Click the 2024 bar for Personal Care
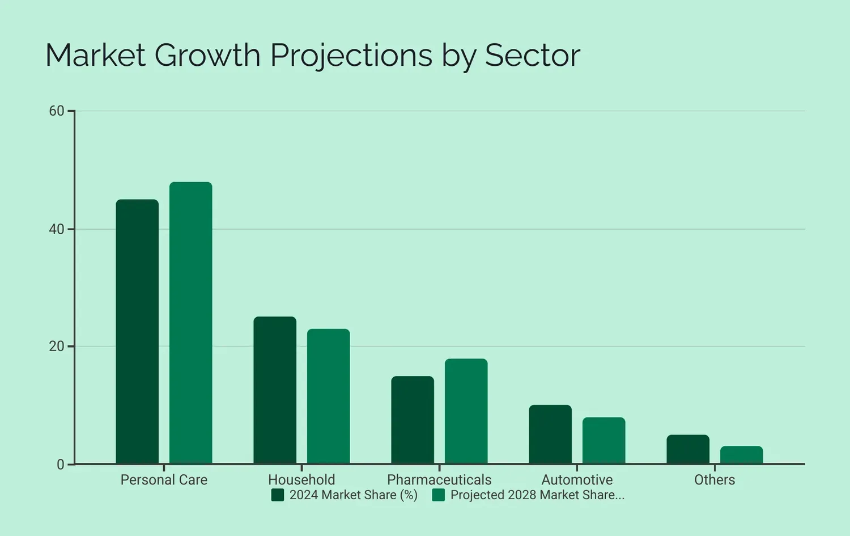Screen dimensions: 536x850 click(x=137, y=332)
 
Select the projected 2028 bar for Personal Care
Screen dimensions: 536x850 click(x=190, y=323)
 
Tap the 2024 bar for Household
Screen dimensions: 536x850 click(x=275, y=390)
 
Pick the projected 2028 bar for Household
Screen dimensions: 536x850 click(x=328, y=396)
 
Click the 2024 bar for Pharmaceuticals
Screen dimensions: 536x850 click(x=413, y=420)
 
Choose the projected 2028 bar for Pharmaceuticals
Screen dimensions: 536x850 click(x=466, y=411)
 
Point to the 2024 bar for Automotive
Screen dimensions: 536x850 click(x=550, y=434)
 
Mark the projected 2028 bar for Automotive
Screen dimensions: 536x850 click(x=603, y=441)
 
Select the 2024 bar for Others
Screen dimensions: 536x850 click(x=688, y=449)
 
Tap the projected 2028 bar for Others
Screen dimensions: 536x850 click(x=741, y=455)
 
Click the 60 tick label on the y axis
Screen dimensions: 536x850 click(x=57, y=111)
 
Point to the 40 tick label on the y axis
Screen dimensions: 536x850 click(x=57, y=229)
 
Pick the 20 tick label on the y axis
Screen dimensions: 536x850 click(x=57, y=347)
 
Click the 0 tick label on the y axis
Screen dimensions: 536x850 click(x=61, y=465)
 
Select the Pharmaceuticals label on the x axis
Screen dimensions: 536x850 click(x=439, y=480)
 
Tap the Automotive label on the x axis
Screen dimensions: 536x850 click(x=577, y=480)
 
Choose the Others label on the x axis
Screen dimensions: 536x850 click(x=715, y=480)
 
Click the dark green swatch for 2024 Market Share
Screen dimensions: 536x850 click(x=278, y=495)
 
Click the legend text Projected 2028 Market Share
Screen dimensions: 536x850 click(x=537, y=495)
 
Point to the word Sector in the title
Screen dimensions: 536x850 click(x=532, y=56)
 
